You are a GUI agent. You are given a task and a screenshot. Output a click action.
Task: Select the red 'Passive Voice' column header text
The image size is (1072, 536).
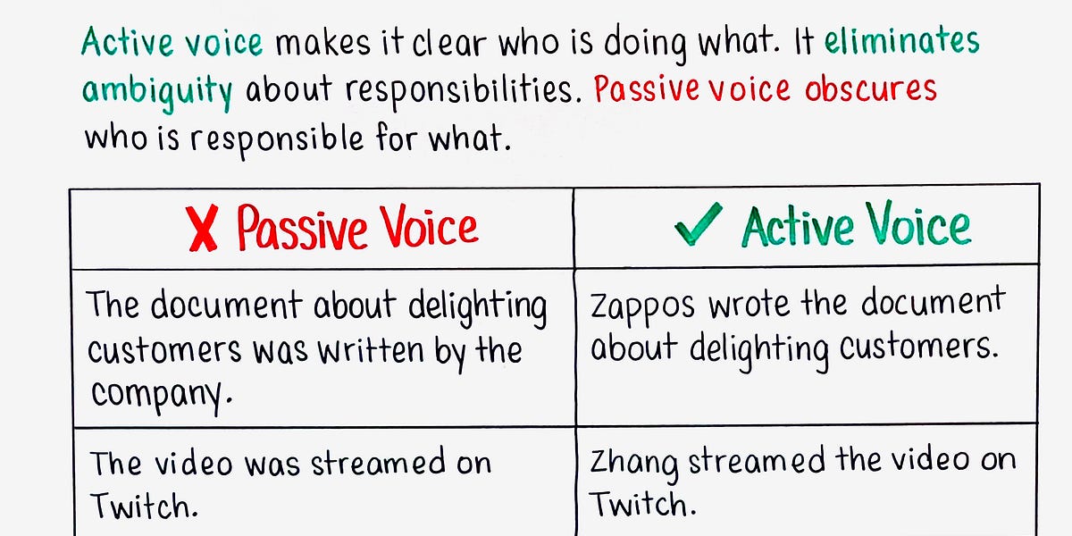(357, 228)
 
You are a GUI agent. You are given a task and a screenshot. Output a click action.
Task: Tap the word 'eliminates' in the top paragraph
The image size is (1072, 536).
(901, 41)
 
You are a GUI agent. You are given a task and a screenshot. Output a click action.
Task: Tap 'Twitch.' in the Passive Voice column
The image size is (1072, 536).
(143, 507)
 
